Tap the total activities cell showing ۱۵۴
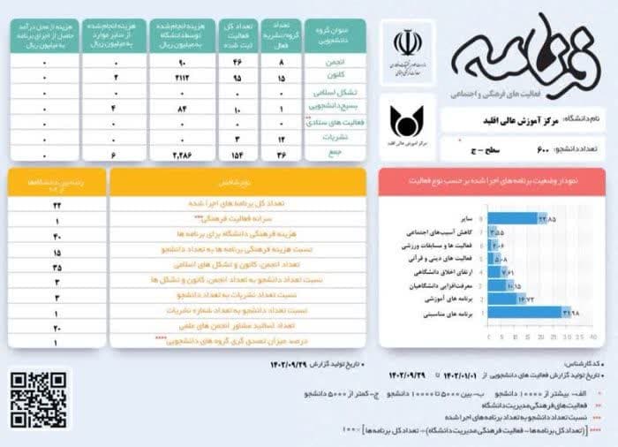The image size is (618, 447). tap(237, 154)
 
